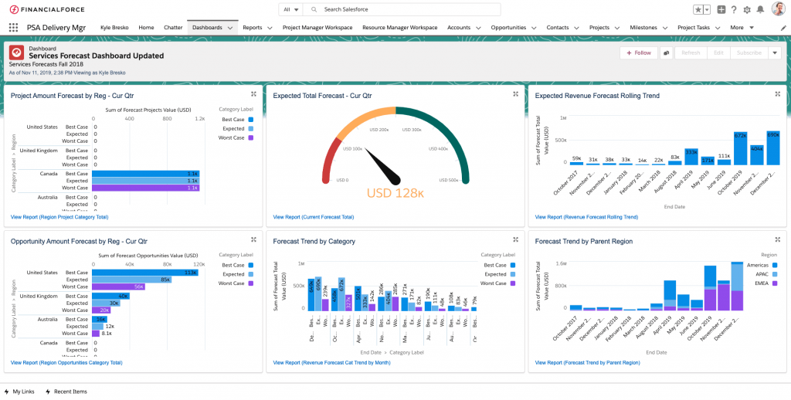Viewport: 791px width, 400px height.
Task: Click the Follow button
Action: (638, 53)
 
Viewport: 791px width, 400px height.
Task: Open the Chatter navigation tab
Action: (173, 27)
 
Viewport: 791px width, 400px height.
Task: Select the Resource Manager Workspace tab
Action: (399, 27)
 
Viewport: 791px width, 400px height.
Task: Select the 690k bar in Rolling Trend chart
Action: (772, 147)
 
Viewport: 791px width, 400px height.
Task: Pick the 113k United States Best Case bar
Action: (144, 273)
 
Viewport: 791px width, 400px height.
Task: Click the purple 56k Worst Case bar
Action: (117, 287)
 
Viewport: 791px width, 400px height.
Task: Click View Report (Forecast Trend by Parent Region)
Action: (587, 362)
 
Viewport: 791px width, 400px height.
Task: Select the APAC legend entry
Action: (763, 274)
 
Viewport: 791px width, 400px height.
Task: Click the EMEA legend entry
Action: (763, 283)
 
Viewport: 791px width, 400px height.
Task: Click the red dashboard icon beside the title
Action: (16, 53)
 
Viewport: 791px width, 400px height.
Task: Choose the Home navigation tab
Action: (146, 27)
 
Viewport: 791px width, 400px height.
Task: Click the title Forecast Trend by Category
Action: (314, 241)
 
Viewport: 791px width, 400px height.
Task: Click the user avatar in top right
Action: (778, 9)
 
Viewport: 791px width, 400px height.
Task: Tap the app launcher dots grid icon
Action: (13, 27)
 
